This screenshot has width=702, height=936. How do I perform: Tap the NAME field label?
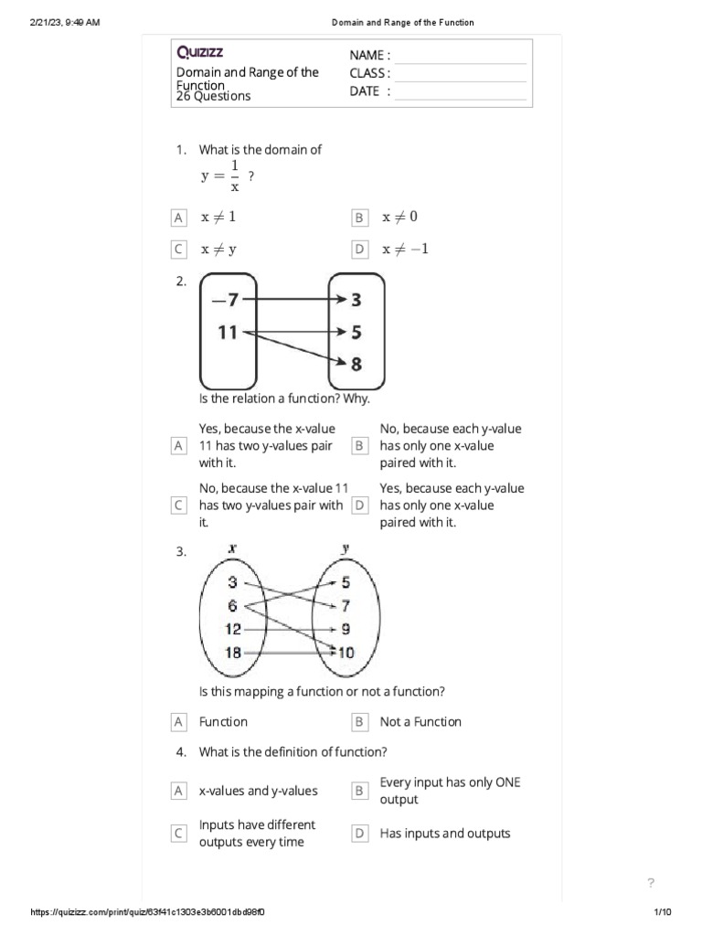point(369,56)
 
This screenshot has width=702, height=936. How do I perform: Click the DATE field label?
point(369,90)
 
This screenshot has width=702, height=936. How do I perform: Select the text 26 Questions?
point(213,96)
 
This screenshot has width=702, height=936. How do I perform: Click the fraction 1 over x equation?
point(228,176)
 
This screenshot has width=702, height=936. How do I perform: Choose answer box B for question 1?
point(359,218)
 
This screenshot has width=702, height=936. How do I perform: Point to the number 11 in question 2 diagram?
point(228,333)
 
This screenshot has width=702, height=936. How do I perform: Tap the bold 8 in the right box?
point(356,365)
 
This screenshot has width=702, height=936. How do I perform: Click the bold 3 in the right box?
point(356,299)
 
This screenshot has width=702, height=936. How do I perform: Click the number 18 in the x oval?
point(232,652)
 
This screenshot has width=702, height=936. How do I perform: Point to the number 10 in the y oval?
point(345,653)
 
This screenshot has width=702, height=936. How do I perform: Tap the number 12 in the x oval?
point(232,629)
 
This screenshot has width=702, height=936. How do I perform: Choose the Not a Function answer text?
point(420,721)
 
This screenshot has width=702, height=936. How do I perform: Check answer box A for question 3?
point(178,722)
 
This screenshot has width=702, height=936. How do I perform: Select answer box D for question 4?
point(359,834)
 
